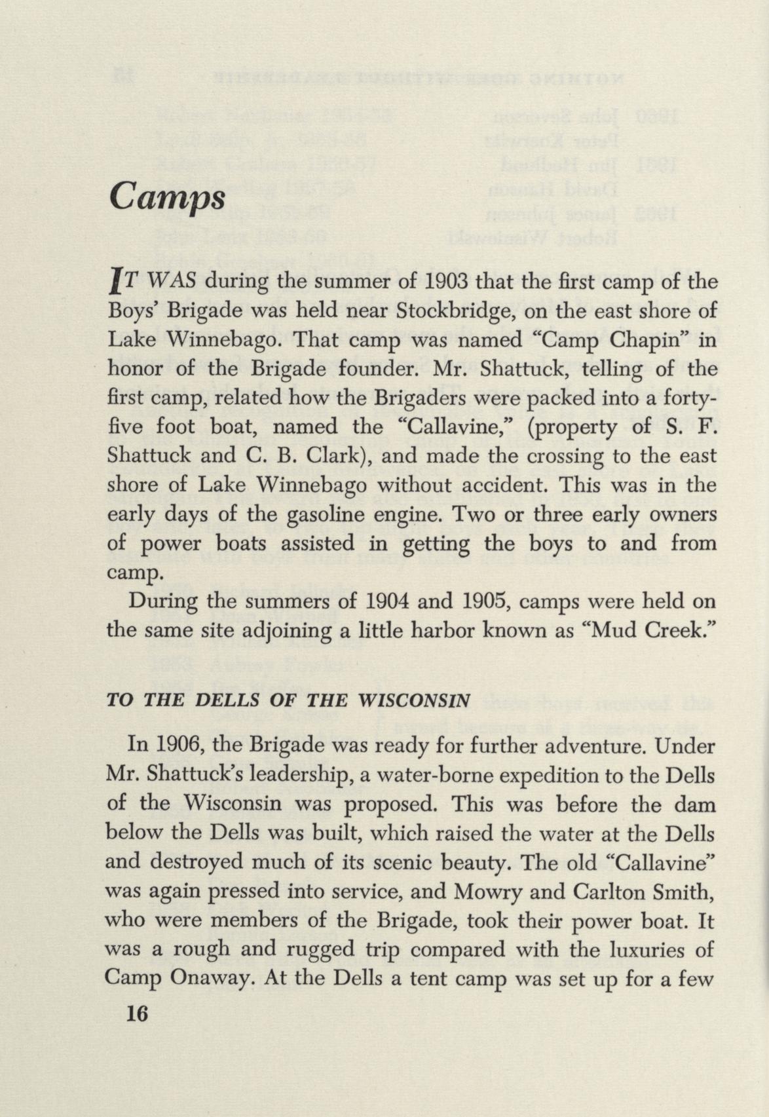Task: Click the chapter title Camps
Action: point(167,196)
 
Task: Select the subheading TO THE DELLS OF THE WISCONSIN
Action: point(288,700)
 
